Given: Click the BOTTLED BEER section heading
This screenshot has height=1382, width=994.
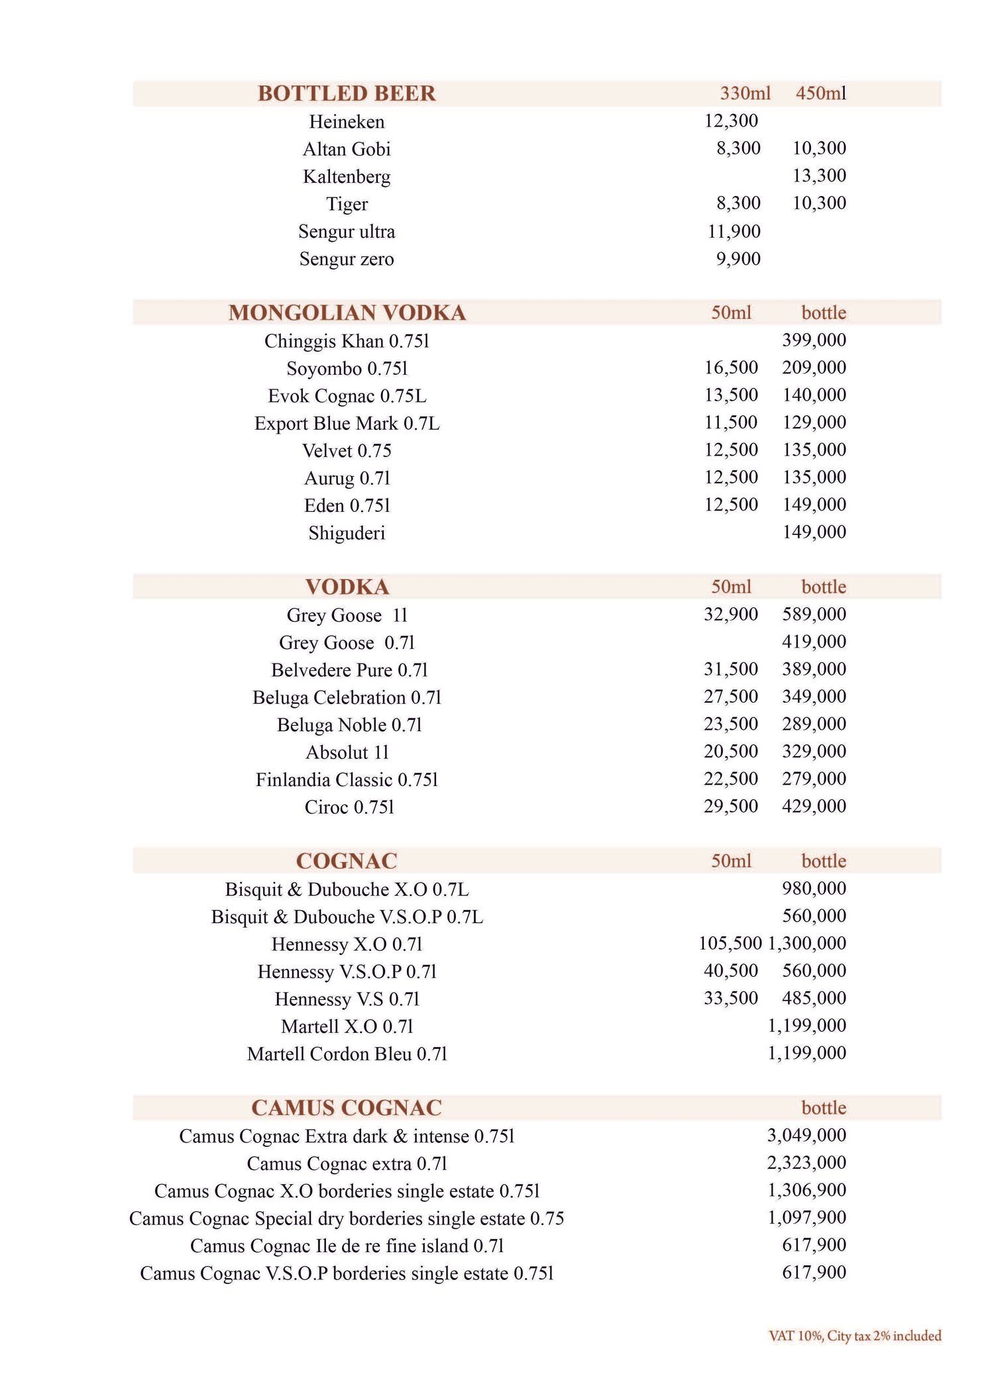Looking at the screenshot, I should click(x=347, y=93).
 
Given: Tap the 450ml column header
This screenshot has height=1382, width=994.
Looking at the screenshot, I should click(x=820, y=93).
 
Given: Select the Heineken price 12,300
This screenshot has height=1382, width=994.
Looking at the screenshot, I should click(x=731, y=121).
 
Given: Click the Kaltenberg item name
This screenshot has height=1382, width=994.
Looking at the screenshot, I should click(x=347, y=177).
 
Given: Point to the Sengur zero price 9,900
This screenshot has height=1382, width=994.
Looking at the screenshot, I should click(x=738, y=259).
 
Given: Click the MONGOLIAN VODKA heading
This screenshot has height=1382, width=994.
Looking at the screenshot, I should click(x=347, y=313).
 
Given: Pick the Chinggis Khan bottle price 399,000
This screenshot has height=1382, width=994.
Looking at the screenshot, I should click(x=814, y=340).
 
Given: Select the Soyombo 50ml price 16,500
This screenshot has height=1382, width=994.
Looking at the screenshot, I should click(x=731, y=368).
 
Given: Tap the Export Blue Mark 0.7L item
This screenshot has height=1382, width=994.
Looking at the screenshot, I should click(x=347, y=423).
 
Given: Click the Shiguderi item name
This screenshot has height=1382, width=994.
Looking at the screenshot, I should click(x=347, y=533).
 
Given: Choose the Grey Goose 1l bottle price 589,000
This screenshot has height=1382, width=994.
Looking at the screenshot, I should click(x=814, y=615).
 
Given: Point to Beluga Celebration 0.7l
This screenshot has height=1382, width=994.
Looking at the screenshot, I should click(x=347, y=697).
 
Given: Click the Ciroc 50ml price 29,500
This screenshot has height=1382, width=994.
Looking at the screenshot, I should click(x=731, y=807).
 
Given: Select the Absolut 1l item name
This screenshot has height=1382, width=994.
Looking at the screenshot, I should click(x=347, y=752).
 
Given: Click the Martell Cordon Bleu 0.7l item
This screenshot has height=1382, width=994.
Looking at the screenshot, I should click(x=347, y=1054).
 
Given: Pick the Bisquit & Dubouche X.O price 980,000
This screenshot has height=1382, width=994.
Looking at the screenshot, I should click(x=814, y=889).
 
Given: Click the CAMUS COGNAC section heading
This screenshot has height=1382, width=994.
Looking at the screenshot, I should click(x=347, y=1108).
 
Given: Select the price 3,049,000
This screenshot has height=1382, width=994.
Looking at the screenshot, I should click(x=806, y=1136).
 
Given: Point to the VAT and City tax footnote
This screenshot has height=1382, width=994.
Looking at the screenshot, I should click(x=854, y=1336).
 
